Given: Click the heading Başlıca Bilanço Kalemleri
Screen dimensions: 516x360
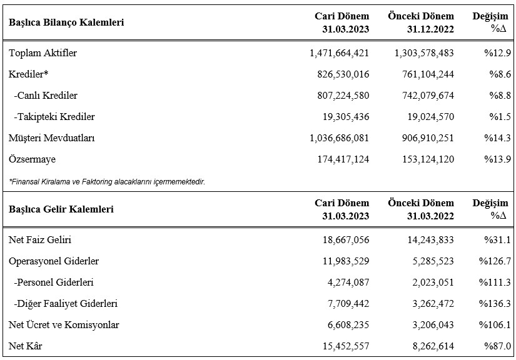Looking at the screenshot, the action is pyautogui.click(x=66, y=22).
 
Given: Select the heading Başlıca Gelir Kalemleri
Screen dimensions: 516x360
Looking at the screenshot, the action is pyautogui.click(x=61, y=209).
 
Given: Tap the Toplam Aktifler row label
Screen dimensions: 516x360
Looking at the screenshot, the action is pyautogui.click(x=43, y=53).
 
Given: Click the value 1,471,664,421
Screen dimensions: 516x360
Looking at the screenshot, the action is pyautogui.click(x=339, y=53).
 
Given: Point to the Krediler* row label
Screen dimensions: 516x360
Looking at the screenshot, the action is pyautogui.click(x=28, y=74).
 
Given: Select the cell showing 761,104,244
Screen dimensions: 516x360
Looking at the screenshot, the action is pyautogui.click(x=428, y=74).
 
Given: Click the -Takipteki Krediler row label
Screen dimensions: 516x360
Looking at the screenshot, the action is pyautogui.click(x=54, y=117).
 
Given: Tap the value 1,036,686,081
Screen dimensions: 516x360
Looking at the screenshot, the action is pyautogui.click(x=339, y=138).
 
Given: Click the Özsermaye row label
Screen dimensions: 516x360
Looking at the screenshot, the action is pyautogui.click(x=33, y=159).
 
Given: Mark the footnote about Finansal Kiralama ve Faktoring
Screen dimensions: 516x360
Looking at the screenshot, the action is pyautogui.click(x=107, y=181).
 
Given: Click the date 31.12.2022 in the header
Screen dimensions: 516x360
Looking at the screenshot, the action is pyautogui.click(x=430, y=29).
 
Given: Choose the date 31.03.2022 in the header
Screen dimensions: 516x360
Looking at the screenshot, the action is pyautogui.click(x=430, y=216).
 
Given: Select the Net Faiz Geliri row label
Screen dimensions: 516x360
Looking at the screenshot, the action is pyautogui.click(x=40, y=239).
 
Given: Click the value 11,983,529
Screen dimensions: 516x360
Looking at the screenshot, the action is pyautogui.click(x=346, y=261).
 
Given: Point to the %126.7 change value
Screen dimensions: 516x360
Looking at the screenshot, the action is pyautogui.click(x=495, y=261).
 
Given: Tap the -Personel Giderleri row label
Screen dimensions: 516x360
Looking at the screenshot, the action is pyautogui.click(x=54, y=282).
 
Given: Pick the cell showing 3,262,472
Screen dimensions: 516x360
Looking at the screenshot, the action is pyautogui.click(x=433, y=304).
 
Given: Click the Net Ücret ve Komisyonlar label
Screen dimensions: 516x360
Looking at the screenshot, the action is pyautogui.click(x=64, y=325).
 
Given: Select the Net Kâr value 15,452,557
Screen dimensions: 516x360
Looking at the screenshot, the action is pyautogui.click(x=346, y=346).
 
